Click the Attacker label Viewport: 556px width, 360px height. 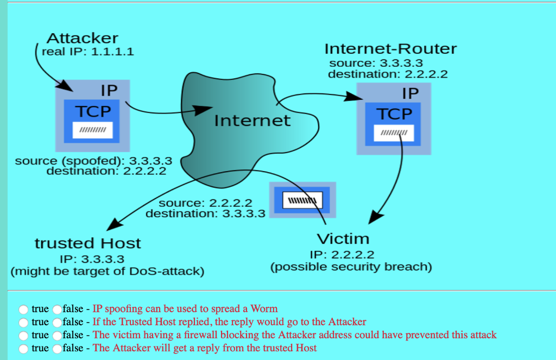tap(82, 39)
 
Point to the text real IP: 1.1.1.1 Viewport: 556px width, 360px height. tap(87, 52)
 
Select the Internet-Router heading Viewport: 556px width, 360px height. tap(390, 49)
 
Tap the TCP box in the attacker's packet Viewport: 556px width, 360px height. tap(93, 112)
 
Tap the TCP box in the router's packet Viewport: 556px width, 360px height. tap(395, 114)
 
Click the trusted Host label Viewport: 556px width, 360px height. tap(88, 243)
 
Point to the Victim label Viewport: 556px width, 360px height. tap(343, 238)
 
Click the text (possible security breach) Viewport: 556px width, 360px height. tap(351, 267)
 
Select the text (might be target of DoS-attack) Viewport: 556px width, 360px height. tap(108, 271)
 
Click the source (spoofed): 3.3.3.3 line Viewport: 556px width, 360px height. tap(93, 161)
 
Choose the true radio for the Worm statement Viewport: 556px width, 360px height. tap(24, 309)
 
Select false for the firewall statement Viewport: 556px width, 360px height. tap(57, 335)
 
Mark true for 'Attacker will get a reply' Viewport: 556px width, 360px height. tap(24, 348)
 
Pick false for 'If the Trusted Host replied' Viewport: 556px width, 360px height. tap(57, 322)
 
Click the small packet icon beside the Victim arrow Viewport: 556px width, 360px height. tap(303, 200)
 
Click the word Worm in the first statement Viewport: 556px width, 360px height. tap(266, 309)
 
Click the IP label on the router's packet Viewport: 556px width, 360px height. tap(410, 93)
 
